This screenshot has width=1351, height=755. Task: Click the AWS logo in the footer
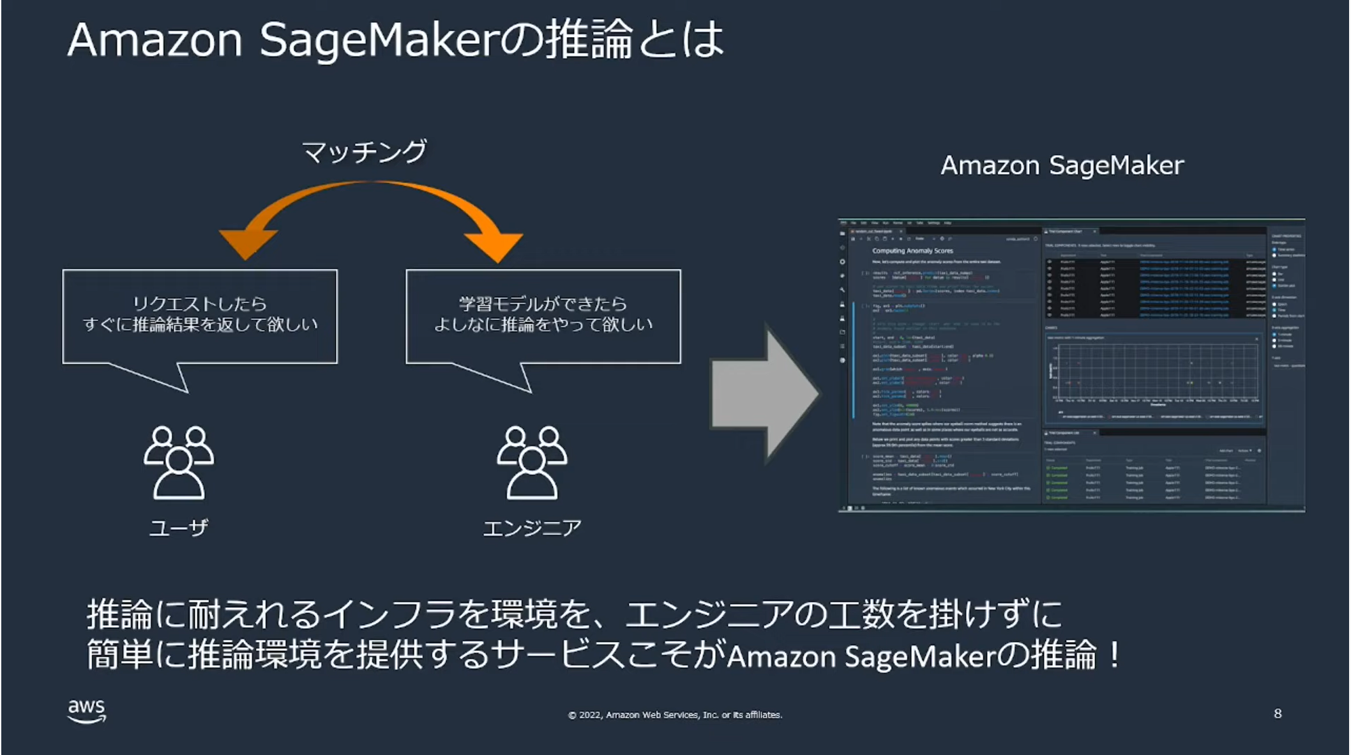[86, 710]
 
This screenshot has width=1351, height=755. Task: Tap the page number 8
[1277, 713]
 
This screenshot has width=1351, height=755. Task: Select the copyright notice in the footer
[675, 715]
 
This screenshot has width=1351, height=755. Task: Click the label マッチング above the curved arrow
[364, 152]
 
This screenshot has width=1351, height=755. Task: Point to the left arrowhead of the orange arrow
[247, 243]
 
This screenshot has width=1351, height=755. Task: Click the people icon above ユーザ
[179, 462]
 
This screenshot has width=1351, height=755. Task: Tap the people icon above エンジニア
[532, 462]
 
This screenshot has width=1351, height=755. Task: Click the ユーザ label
[179, 528]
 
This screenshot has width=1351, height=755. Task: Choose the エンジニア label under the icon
[532, 528]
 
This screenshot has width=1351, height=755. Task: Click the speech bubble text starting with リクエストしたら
[200, 314]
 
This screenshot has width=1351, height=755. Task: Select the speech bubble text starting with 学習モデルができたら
[543, 314]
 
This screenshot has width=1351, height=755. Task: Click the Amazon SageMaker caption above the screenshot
[1062, 165]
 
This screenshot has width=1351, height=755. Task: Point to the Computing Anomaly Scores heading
[912, 251]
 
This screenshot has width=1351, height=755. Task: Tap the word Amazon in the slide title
[155, 40]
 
